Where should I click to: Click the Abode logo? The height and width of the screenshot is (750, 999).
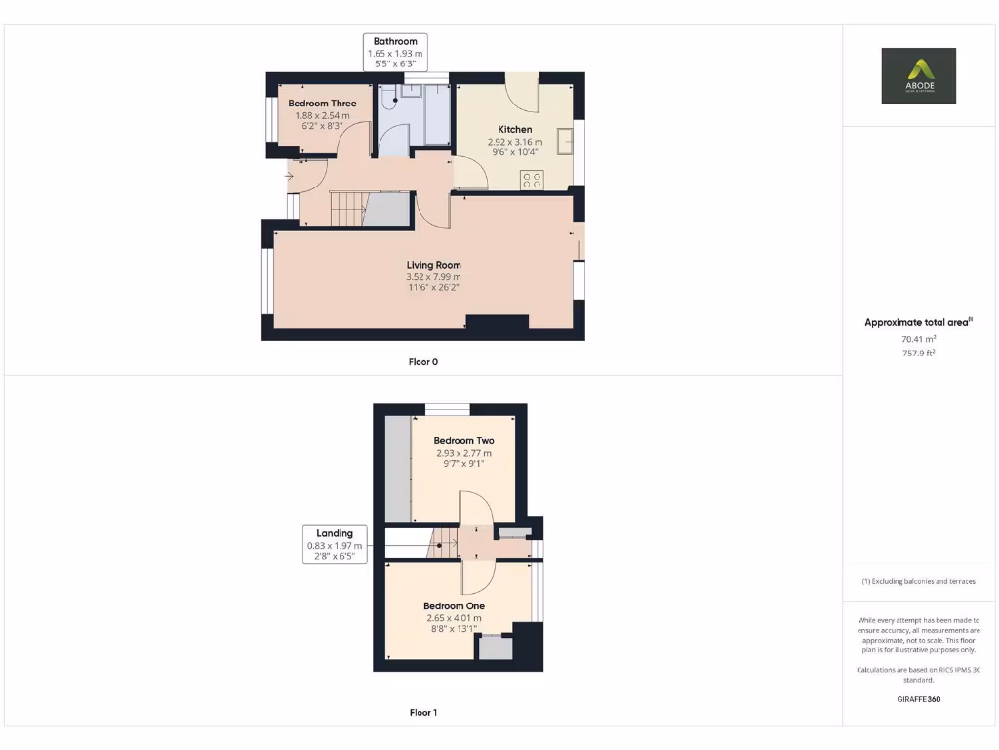coord(918,75)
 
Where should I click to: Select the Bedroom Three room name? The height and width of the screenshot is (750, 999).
coord(322,104)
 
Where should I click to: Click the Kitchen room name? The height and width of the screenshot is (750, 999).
coord(515,130)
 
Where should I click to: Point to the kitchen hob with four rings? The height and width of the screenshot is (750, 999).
coord(532,180)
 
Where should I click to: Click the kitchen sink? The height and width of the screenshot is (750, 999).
coord(564,142)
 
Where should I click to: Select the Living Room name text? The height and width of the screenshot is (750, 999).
coord(434,265)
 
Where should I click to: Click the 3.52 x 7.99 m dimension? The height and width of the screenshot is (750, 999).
coord(434,277)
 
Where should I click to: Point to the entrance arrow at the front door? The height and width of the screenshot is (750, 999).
coord(290,176)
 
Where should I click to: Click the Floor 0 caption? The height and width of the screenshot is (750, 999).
coord(422,362)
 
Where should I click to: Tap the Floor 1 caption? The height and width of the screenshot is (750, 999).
coord(422,713)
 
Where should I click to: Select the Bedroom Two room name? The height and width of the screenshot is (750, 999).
coord(463,441)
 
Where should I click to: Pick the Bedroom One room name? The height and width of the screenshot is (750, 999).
coord(454,606)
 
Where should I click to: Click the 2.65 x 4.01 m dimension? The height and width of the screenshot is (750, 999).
coord(454,618)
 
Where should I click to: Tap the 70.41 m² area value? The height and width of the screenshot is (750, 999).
coord(919,339)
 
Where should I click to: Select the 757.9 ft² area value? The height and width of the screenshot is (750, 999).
coord(919,353)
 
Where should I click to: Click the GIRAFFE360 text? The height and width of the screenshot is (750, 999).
coord(919,699)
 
